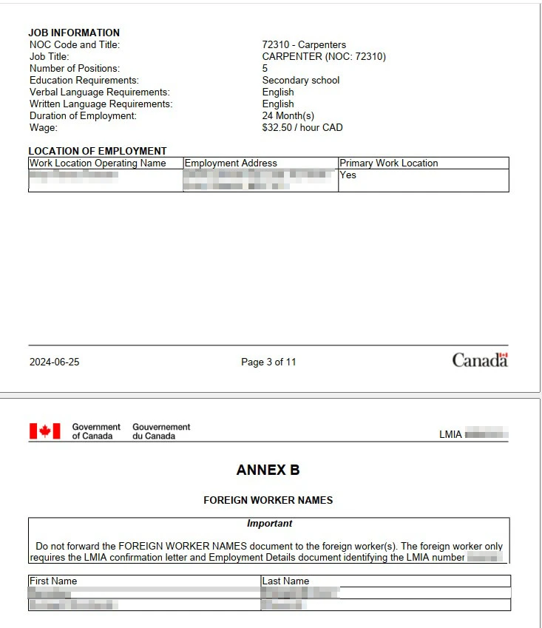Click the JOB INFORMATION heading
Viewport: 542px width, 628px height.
74,33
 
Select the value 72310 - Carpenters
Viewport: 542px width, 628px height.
304,44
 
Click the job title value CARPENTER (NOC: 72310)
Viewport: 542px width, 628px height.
324,56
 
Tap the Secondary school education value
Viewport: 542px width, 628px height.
301,80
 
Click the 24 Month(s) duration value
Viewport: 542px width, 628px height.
288,115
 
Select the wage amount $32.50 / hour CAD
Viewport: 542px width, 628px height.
302,127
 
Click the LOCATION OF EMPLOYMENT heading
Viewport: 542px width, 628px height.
98,151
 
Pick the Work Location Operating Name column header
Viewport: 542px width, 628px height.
98,163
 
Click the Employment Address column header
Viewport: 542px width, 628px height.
231,163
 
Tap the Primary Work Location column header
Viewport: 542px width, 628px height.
389,163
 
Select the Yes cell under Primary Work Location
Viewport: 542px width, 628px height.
348,175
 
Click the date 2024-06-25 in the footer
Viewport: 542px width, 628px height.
54,362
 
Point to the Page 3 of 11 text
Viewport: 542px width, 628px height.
268,362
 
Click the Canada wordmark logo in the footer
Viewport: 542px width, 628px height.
480,360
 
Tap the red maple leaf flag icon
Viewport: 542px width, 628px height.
44,431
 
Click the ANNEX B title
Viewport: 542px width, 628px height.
268,470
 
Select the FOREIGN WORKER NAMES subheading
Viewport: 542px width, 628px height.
268,500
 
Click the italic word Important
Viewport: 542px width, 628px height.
269,523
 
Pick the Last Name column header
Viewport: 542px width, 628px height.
285,581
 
